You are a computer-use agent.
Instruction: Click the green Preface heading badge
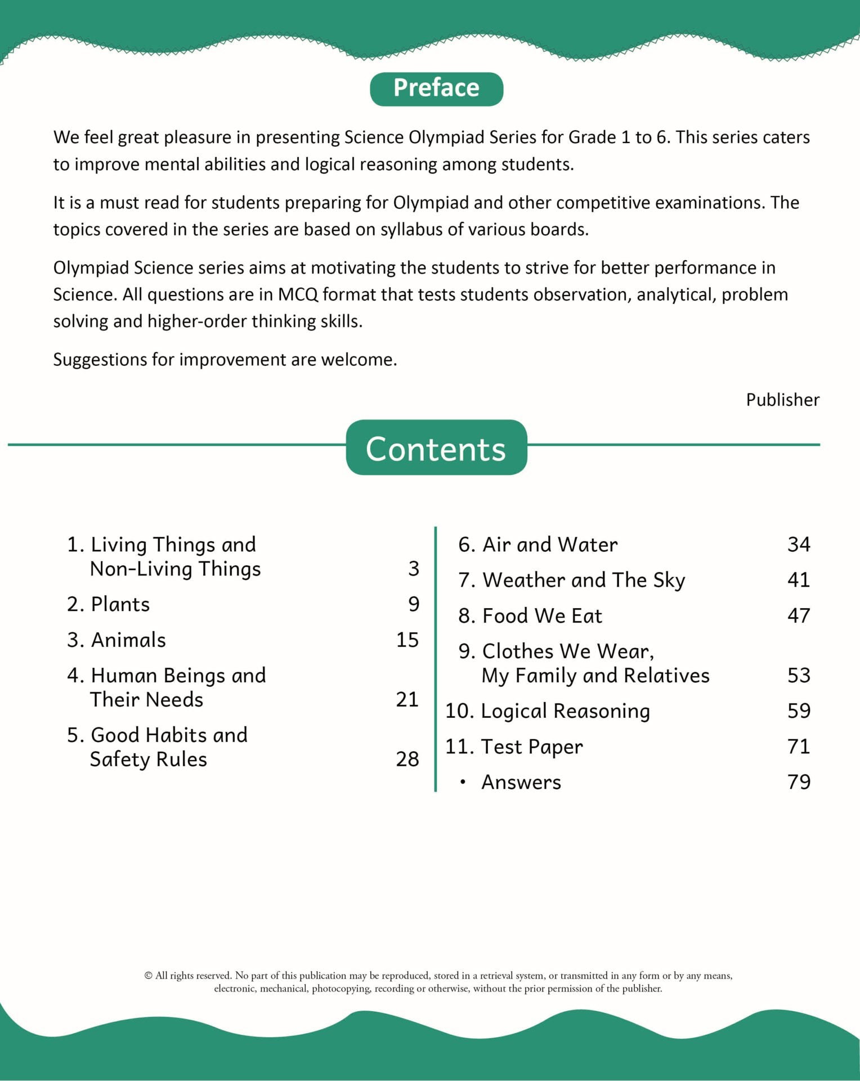pyautogui.click(x=436, y=89)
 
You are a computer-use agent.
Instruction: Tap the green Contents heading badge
pyautogui.click(x=436, y=448)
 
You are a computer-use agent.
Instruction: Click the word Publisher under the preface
pyautogui.click(x=782, y=400)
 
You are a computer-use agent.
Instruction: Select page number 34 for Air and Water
pyautogui.click(x=799, y=544)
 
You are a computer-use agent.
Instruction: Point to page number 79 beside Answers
pyautogui.click(x=799, y=782)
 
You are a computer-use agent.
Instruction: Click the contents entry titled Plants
pyautogui.click(x=120, y=605)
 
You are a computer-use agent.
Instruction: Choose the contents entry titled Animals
pyautogui.click(x=128, y=640)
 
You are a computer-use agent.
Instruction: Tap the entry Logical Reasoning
pyautogui.click(x=565, y=712)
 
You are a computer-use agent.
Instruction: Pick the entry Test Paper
pyautogui.click(x=531, y=747)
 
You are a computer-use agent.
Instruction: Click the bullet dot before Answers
pyautogui.click(x=463, y=782)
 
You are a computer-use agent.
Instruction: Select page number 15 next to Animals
pyautogui.click(x=407, y=640)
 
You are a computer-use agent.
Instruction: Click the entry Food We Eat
pyautogui.click(x=542, y=616)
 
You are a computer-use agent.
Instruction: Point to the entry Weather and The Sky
pyautogui.click(x=584, y=580)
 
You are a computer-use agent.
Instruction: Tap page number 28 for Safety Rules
pyautogui.click(x=407, y=760)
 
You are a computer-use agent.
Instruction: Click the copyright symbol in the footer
pyautogui.click(x=149, y=976)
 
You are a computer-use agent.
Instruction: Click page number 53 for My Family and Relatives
pyautogui.click(x=799, y=676)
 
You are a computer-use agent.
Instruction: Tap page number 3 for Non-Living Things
pyautogui.click(x=414, y=569)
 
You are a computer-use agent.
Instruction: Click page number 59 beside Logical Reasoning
pyautogui.click(x=799, y=711)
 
